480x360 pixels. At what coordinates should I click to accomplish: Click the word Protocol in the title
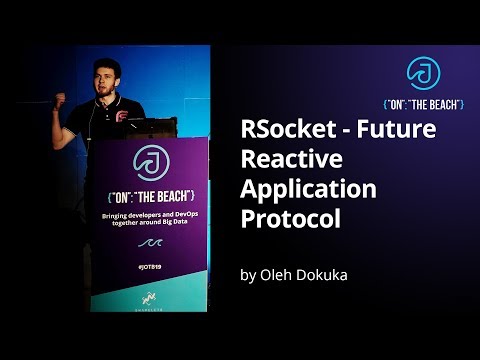coord(286,217)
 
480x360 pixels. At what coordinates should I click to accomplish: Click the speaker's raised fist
coord(60,100)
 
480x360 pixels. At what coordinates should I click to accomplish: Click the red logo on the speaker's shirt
coord(121,117)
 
